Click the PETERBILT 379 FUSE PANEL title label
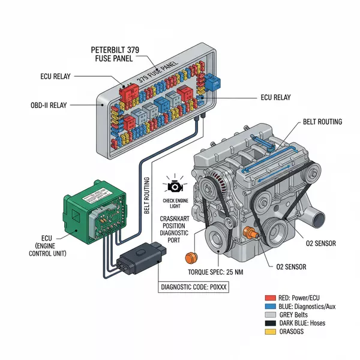click(118, 53)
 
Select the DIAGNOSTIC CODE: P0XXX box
click(193, 286)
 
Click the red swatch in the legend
click(269, 298)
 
